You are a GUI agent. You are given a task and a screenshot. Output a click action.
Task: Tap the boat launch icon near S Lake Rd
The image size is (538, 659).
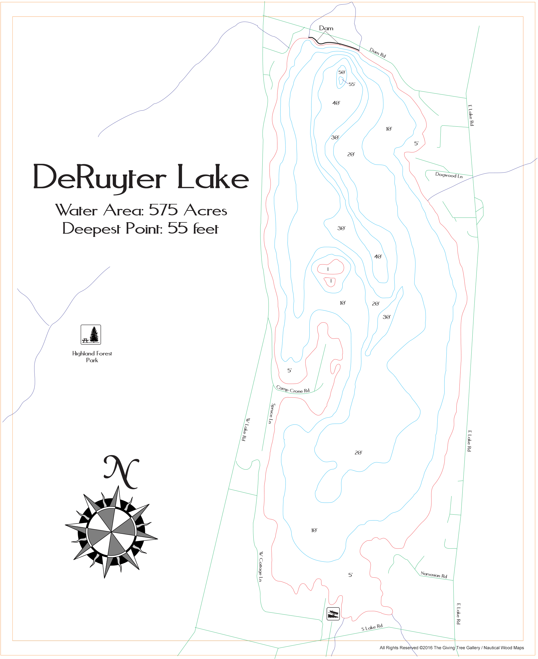tap(333, 613)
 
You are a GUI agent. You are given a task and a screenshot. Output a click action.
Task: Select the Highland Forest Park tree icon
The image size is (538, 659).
tap(91, 335)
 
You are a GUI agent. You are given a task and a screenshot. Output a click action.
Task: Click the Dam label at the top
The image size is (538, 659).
tap(326, 28)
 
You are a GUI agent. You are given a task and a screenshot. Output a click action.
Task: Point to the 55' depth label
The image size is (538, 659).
tap(352, 84)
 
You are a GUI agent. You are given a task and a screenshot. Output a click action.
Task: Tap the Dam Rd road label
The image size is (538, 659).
tap(377, 53)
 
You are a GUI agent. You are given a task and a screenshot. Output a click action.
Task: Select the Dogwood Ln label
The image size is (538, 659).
tap(449, 175)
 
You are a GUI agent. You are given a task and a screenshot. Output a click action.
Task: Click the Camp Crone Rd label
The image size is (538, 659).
tap(293, 390)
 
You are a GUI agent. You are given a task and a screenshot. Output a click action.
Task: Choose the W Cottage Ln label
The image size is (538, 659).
tap(261, 566)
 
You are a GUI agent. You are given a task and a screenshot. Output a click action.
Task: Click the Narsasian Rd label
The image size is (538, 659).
tap(434, 575)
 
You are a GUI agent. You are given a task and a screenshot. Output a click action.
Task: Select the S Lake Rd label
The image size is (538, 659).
tap(372, 627)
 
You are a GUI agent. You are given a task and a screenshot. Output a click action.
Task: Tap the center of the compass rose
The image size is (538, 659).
tap(111, 532)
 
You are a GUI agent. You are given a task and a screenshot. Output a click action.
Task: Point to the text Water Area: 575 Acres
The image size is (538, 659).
tap(141, 210)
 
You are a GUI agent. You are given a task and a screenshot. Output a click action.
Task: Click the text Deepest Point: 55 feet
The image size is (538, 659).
tap(140, 229)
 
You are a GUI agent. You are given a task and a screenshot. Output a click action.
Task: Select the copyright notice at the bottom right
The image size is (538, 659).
tap(452, 648)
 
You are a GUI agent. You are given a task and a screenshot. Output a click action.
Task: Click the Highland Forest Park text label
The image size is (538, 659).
tap(92, 357)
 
